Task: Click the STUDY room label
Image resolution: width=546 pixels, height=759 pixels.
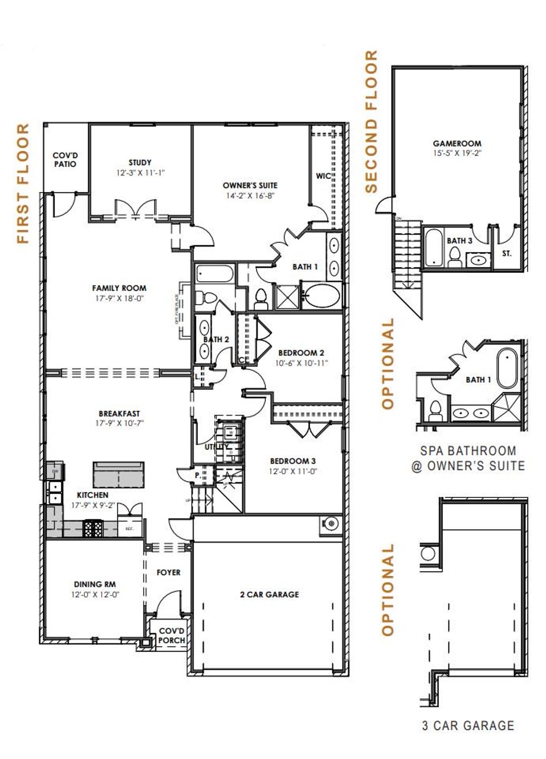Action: [140, 162]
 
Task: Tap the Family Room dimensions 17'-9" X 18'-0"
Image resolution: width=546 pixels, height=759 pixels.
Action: [119, 298]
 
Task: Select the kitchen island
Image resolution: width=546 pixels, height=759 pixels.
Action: [119, 474]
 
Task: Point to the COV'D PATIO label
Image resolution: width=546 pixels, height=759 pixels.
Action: [65, 160]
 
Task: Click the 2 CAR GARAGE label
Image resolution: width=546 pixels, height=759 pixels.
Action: [269, 594]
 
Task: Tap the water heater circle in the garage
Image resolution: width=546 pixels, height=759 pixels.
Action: [331, 524]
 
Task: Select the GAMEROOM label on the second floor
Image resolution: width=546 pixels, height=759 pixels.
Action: [457, 144]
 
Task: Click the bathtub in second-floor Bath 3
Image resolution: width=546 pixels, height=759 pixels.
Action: [434, 248]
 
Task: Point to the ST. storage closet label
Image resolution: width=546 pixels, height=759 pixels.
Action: [506, 254]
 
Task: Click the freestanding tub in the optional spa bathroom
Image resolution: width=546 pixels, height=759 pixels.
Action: [507, 368]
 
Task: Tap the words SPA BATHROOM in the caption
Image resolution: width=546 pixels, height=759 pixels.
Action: [468, 451]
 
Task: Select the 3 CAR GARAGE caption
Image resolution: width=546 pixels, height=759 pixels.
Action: [468, 725]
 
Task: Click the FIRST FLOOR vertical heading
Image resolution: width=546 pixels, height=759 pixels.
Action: [23, 183]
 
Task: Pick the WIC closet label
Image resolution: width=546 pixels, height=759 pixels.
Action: [323, 176]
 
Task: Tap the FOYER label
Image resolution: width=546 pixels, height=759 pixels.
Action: [168, 573]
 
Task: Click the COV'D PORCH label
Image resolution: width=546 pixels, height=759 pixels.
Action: [171, 635]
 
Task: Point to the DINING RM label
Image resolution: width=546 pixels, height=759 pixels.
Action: [95, 584]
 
